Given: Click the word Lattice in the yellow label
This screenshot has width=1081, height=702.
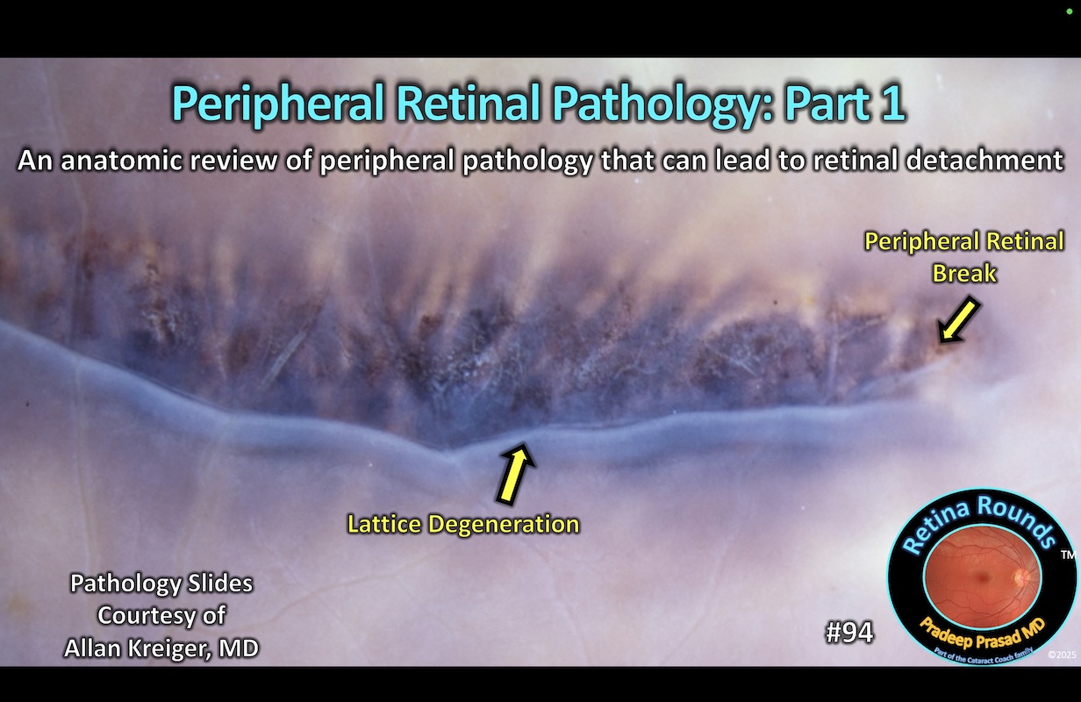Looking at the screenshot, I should [x=383, y=525].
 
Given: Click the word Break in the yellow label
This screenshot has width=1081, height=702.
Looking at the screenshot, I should [x=964, y=273].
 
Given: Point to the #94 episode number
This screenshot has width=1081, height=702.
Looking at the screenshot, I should [x=848, y=633].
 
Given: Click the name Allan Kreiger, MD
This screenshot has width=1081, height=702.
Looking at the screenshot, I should [x=161, y=648].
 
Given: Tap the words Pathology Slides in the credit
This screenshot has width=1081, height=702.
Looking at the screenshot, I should [x=161, y=583].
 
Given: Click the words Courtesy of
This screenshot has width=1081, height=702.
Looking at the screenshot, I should [x=161, y=615].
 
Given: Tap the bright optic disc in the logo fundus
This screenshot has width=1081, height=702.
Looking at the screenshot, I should [x=1021, y=577].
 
